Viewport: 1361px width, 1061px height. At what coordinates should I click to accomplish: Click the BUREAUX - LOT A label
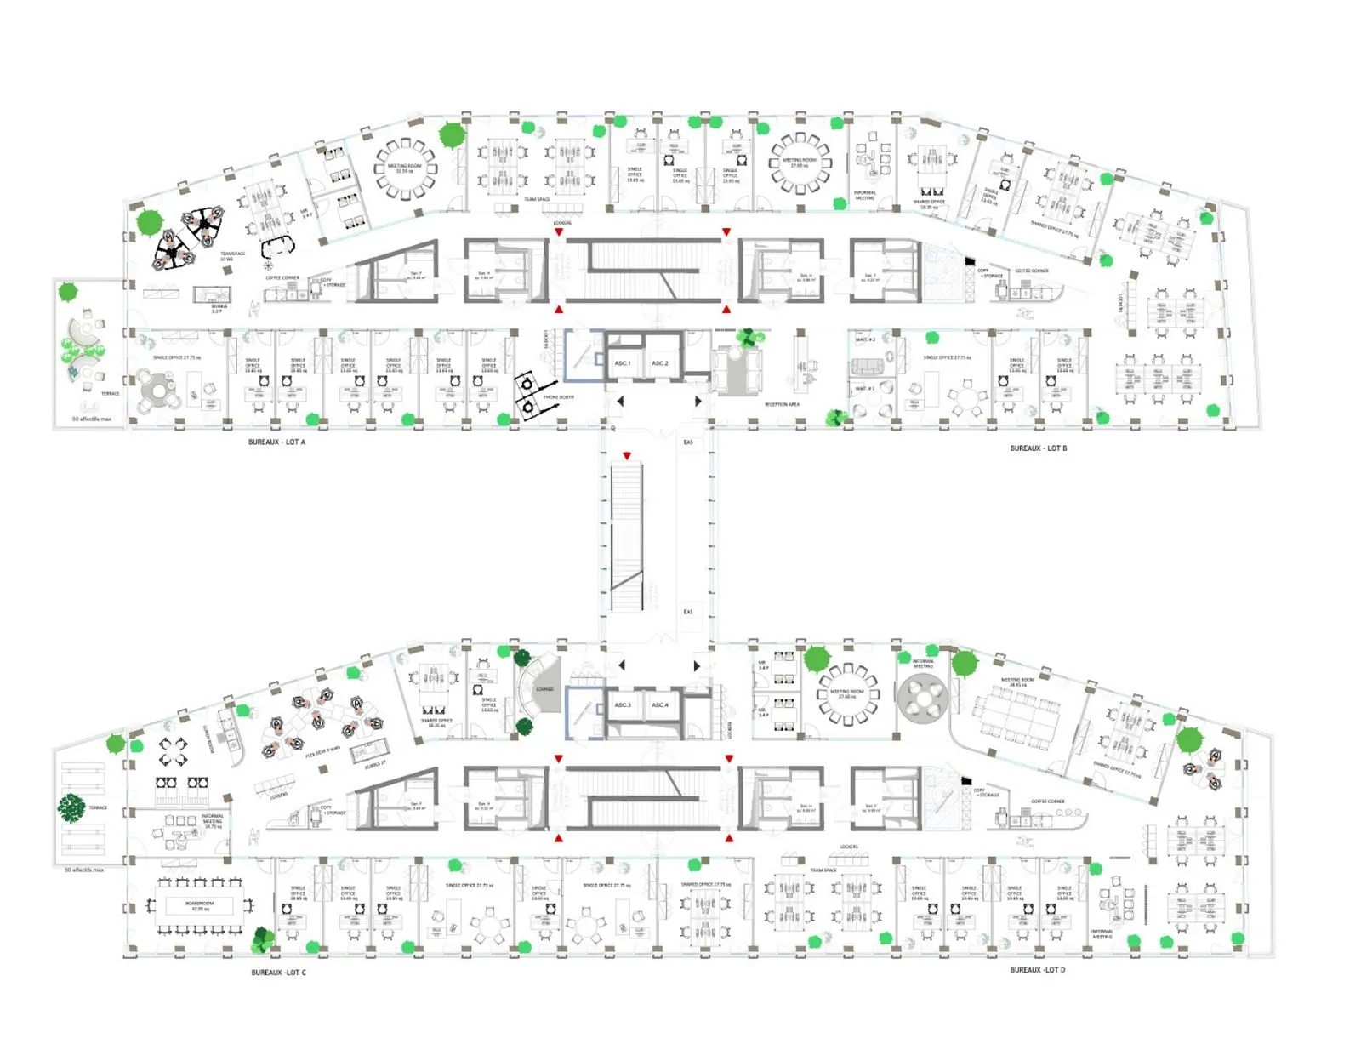pyautogui.click(x=276, y=442)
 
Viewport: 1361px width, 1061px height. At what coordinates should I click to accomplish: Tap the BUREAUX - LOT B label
pyautogui.click(x=1038, y=448)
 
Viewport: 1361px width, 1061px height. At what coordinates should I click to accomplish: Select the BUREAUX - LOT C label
pyautogui.click(x=278, y=973)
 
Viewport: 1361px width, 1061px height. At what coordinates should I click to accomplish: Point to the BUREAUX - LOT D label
pyautogui.click(x=1037, y=970)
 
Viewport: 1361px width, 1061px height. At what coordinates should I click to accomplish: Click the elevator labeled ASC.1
pyautogui.click(x=623, y=363)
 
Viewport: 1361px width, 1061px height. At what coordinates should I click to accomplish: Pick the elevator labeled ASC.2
pyautogui.click(x=660, y=363)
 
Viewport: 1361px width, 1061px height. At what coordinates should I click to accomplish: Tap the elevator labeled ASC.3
pyautogui.click(x=623, y=705)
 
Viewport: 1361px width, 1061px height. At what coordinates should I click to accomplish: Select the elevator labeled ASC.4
pyautogui.click(x=660, y=705)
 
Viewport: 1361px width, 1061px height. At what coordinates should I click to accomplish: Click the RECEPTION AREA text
pyautogui.click(x=782, y=405)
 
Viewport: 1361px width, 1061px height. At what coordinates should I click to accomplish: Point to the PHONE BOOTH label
pyautogui.click(x=559, y=397)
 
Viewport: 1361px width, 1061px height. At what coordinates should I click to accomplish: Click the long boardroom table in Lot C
pyautogui.click(x=199, y=905)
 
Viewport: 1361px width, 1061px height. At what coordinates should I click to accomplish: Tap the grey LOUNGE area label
pyautogui.click(x=545, y=689)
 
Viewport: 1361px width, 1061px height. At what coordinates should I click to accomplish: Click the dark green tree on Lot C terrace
pyautogui.click(x=71, y=807)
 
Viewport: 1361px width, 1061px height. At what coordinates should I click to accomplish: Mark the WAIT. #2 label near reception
pyautogui.click(x=865, y=340)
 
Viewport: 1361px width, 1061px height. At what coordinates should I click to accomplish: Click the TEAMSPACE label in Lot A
pyautogui.click(x=232, y=255)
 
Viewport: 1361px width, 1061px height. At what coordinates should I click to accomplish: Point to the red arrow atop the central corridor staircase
pyautogui.click(x=627, y=457)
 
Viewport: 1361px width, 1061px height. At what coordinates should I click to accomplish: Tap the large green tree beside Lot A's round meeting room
pyautogui.click(x=452, y=134)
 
